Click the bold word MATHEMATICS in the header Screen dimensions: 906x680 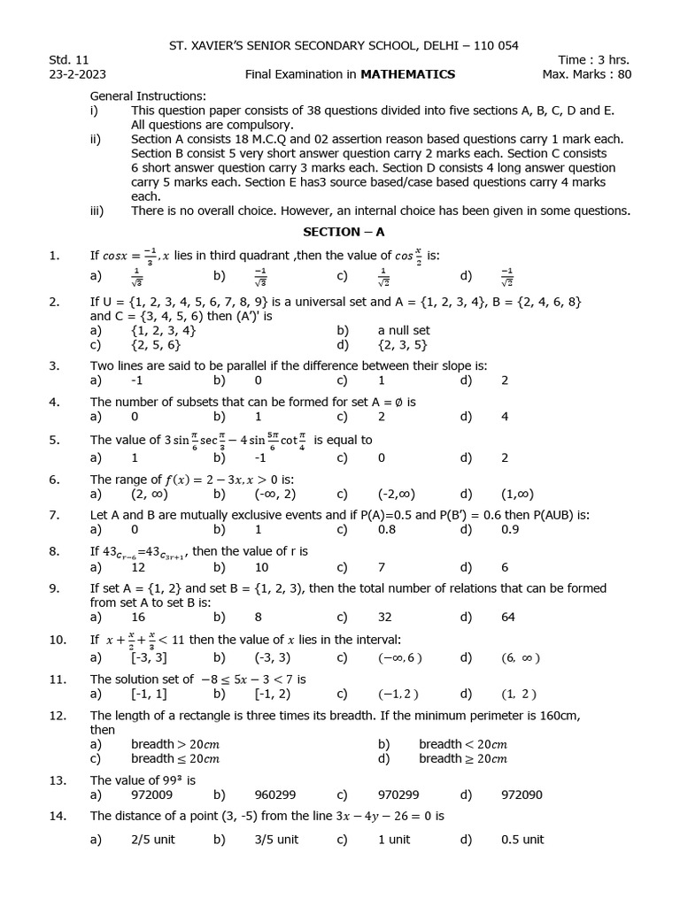point(408,74)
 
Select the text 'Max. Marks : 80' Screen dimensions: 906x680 point(586,74)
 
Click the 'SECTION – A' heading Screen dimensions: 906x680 point(340,232)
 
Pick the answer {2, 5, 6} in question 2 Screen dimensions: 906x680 point(156,345)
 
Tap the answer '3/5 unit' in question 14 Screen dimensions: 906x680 point(276,840)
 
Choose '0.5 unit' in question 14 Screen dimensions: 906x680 point(522,840)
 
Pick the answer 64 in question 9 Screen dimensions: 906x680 point(508,617)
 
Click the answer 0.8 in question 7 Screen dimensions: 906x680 point(388,530)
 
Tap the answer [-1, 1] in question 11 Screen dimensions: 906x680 point(148,694)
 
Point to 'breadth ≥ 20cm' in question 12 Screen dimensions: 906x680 point(463,758)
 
